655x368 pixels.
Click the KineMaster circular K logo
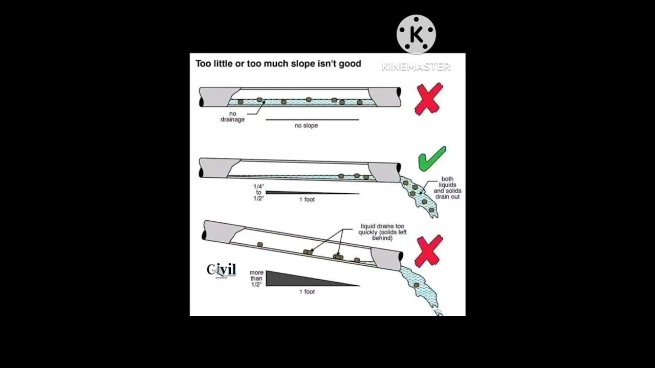click(x=416, y=34)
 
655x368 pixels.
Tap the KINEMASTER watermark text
click(x=416, y=66)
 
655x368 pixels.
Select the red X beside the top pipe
click(x=428, y=99)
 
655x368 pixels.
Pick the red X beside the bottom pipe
click(x=428, y=251)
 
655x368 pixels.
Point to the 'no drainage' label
click(x=233, y=117)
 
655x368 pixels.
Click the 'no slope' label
click(x=306, y=126)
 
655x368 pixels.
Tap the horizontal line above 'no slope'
click(x=312, y=120)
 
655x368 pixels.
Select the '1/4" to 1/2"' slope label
click(x=258, y=193)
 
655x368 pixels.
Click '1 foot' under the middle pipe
click(x=307, y=200)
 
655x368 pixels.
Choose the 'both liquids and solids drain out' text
click(x=447, y=188)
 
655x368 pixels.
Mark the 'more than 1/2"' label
click(x=256, y=279)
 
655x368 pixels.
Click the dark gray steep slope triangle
click(x=297, y=279)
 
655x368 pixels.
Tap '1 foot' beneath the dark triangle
click(x=307, y=292)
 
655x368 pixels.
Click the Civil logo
click(x=222, y=270)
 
